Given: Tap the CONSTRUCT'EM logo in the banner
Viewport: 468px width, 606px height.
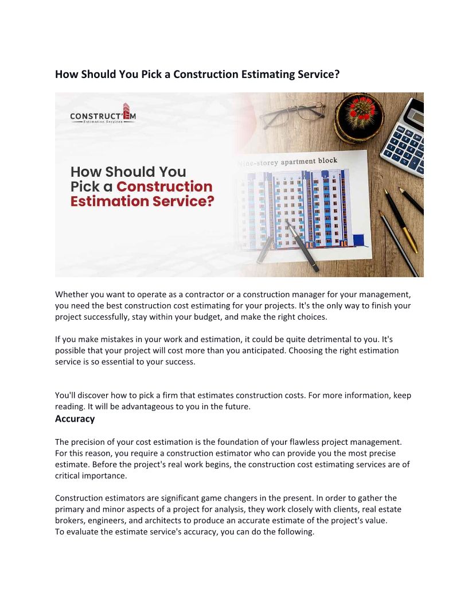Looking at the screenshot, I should click(103, 114).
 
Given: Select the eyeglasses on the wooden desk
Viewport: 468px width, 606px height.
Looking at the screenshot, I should click(292, 114).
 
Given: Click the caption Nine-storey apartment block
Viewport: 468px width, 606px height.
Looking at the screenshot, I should click(288, 162).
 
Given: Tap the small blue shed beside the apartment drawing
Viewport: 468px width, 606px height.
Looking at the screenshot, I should click(359, 239).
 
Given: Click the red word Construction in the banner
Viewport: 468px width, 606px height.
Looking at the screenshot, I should click(165, 187).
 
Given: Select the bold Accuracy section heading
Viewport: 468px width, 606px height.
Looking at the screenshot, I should click(75, 419).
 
